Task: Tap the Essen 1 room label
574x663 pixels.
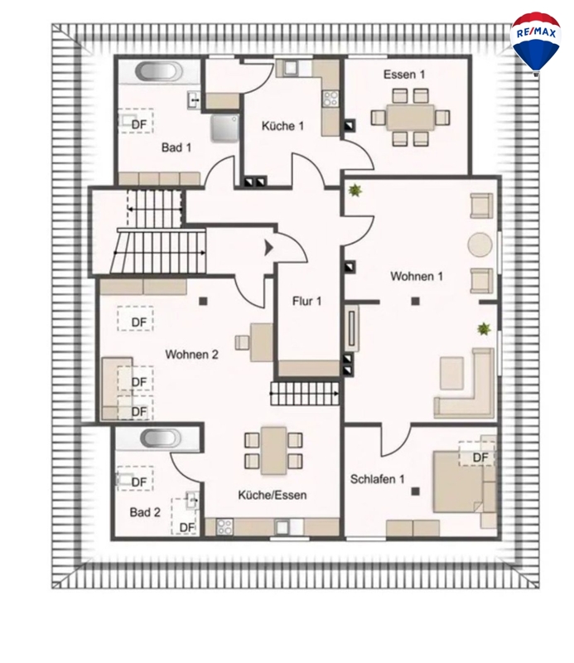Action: pyautogui.click(x=404, y=75)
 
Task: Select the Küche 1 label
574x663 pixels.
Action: pyautogui.click(x=282, y=126)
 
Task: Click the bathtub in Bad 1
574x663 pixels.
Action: pyautogui.click(x=158, y=71)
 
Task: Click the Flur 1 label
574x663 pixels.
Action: pyautogui.click(x=306, y=301)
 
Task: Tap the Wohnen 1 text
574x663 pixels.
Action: pyautogui.click(x=417, y=276)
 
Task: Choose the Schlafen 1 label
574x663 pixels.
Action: pyautogui.click(x=377, y=479)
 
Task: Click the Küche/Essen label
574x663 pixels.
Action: pyautogui.click(x=273, y=495)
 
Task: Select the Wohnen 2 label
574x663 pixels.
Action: pyautogui.click(x=191, y=355)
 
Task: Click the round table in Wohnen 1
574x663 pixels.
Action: pyautogui.click(x=480, y=244)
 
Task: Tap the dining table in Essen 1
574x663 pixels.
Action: pyautogui.click(x=411, y=117)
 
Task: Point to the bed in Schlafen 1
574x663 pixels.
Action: pyautogui.click(x=461, y=482)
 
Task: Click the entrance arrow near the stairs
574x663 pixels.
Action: pyautogui.click(x=268, y=248)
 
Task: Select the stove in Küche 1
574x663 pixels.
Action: pyautogui.click(x=330, y=99)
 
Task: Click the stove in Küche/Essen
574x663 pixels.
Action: pyautogui.click(x=224, y=527)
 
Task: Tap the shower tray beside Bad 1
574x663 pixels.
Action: pyautogui.click(x=225, y=128)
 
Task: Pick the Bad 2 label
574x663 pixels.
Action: pyautogui.click(x=145, y=512)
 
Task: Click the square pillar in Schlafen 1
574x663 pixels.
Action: pyautogui.click(x=416, y=491)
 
